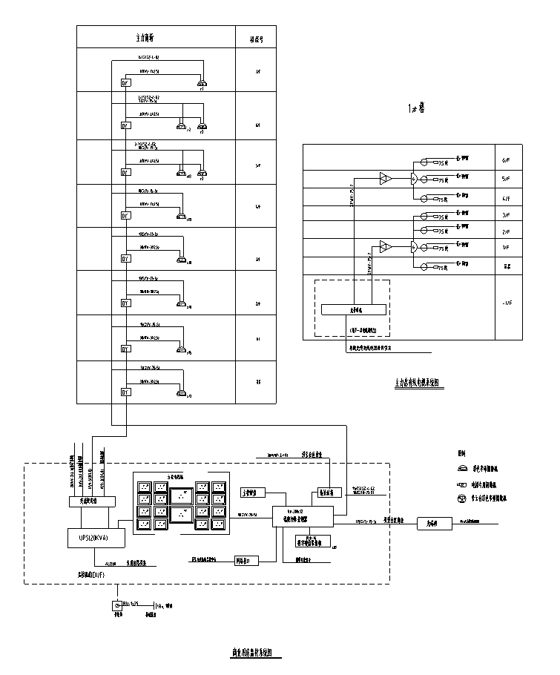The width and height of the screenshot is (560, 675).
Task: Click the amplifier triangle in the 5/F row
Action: pos(384,178)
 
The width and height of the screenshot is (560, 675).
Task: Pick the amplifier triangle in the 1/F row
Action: pos(384,246)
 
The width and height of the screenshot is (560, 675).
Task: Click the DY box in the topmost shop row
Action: pos(125,83)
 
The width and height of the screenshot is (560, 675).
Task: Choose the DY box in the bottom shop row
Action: pos(125,392)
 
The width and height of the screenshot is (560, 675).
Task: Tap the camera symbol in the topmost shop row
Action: pos(201,85)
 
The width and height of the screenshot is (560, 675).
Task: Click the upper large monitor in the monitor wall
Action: pos(181,495)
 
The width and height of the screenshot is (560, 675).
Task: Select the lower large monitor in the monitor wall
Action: pos(181,515)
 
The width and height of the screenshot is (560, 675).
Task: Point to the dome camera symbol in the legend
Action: pos(462,469)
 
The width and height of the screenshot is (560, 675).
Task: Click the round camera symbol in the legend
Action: pos(462,499)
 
